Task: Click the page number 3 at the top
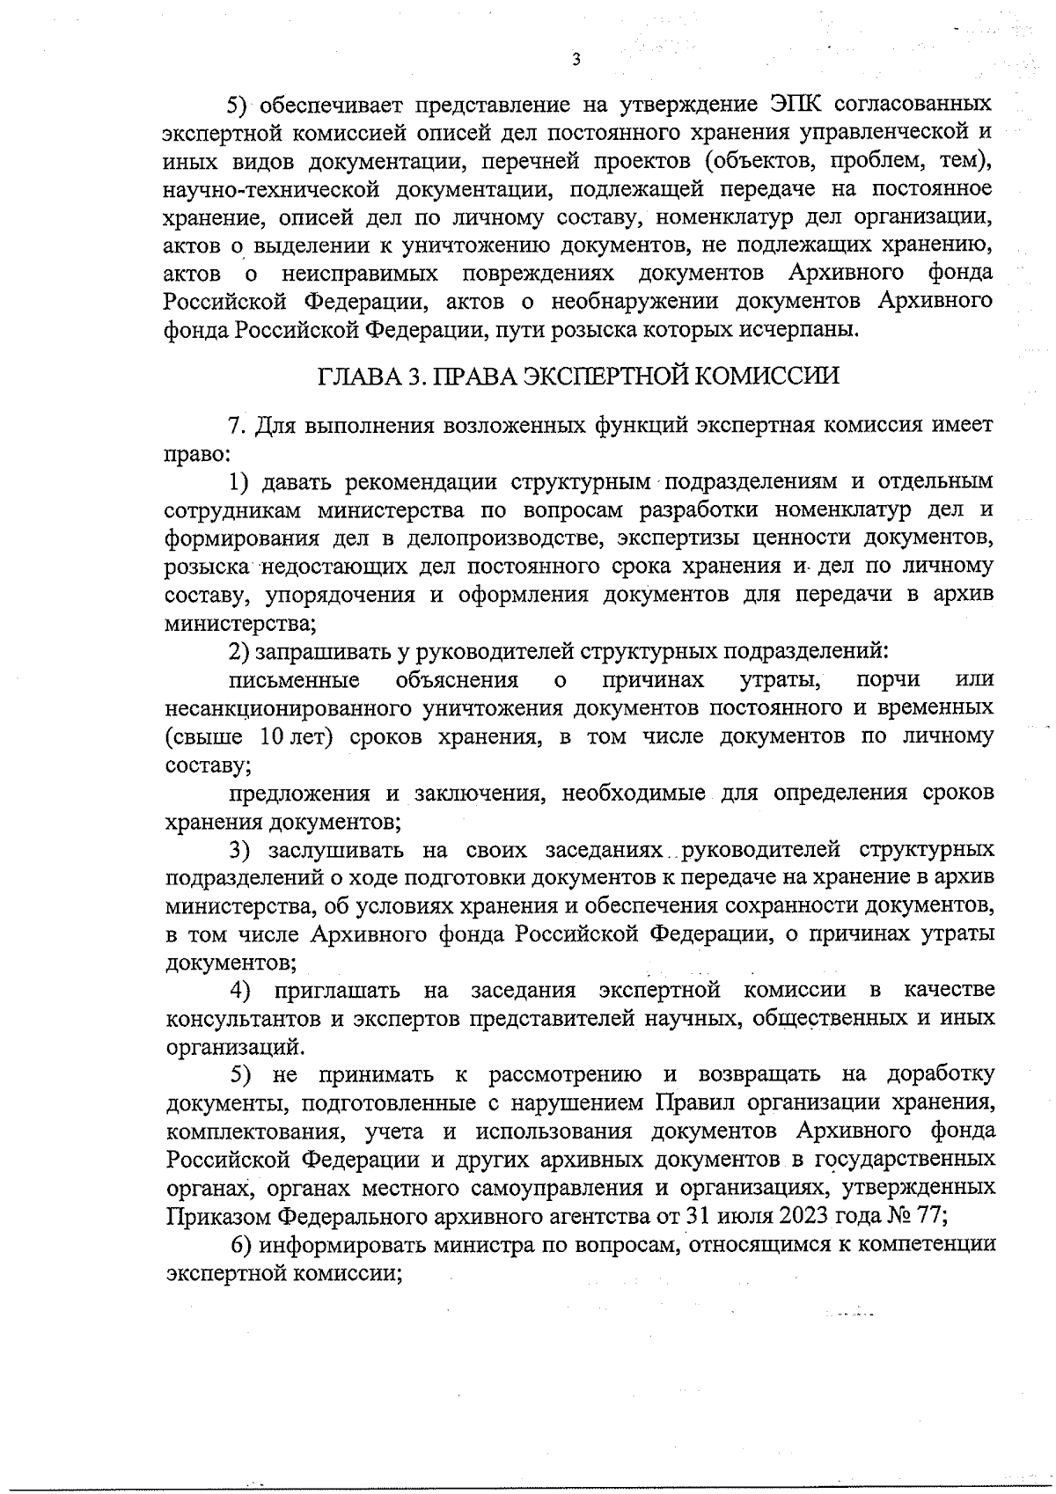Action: (x=576, y=60)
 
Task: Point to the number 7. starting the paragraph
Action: (x=237, y=426)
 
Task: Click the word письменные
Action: (x=294, y=680)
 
